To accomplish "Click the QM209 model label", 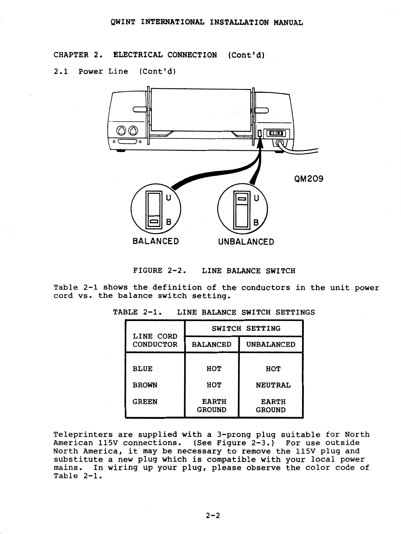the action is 309,179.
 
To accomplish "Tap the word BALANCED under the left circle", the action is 156,241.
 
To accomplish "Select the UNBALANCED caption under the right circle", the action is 246,242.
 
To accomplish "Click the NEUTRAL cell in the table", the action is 273,385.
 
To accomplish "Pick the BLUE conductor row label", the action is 142,369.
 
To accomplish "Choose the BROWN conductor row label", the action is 145,385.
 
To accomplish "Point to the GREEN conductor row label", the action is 145,401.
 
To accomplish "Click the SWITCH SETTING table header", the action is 246,329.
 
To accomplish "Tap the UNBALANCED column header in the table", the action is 271,345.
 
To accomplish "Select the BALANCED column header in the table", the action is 211,345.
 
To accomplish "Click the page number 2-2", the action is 213,516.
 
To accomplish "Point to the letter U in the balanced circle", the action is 168,198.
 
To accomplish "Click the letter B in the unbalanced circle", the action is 256,223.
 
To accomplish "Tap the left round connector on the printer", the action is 121,131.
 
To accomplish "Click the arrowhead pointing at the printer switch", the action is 260,143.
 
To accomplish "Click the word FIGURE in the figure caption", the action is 148,271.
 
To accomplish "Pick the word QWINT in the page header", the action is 123,22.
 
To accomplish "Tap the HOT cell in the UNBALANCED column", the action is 273,369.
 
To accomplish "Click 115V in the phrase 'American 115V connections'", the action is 108,443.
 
